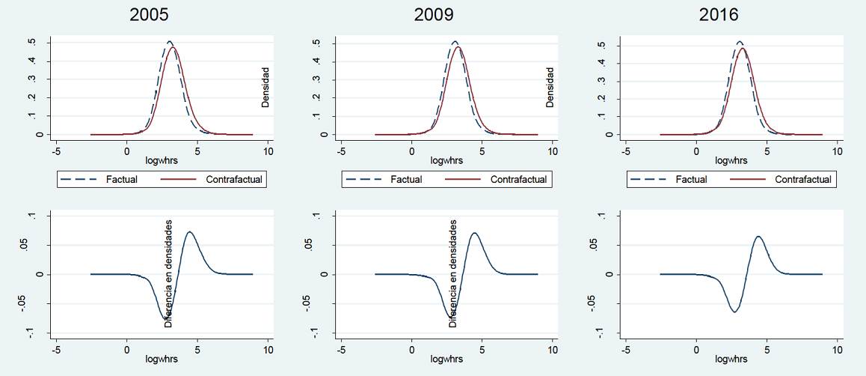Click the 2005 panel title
click(x=148, y=14)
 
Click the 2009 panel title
click(x=433, y=14)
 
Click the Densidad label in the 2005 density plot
click(x=265, y=88)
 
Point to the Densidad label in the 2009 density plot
click(x=550, y=88)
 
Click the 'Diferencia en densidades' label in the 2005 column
click(x=169, y=273)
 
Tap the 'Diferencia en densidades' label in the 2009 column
click(x=453, y=273)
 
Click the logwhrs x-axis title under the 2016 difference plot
click(x=731, y=360)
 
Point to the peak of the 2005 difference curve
click(x=189, y=232)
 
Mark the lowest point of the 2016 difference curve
click(x=734, y=312)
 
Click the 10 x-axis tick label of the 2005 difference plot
click(x=268, y=350)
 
